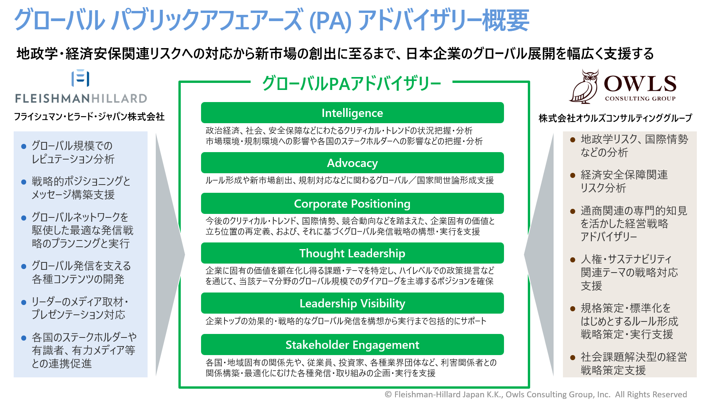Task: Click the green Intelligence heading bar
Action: [x=352, y=113]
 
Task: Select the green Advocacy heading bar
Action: [x=352, y=163]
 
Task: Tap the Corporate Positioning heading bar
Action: [x=352, y=203]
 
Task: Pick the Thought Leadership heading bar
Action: [x=352, y=253]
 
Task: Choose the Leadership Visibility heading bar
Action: [x=352, y=303]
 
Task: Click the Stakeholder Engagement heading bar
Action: [x=352, y=345]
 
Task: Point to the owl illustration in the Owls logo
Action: [x=584, y=86]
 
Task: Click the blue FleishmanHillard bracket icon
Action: [x=80, y=78]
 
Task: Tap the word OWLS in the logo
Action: [x=640, y=83]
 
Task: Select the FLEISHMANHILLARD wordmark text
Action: [x=81, y=98]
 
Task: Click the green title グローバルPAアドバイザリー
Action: [x=351, y=83]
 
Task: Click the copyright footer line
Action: [x=536, y=394]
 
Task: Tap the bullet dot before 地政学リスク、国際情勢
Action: [x=573, y=140]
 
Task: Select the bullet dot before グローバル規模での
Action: [x=24, y=146]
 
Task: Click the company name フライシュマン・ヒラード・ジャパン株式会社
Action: [x=89, y=117]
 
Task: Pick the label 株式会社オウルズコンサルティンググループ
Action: [x=615, y=118]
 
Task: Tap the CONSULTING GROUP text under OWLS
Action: [x=640, y=99]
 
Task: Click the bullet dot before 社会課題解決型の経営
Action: [x=573, y=357]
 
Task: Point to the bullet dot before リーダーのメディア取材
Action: [x=24, y=302]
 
